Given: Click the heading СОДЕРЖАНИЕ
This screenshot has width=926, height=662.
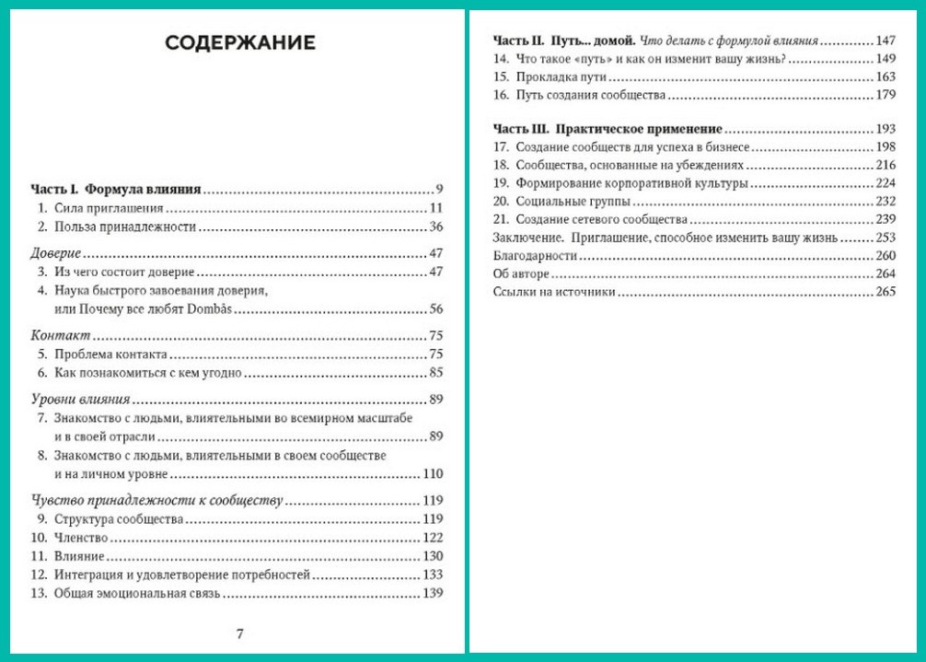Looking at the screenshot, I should [x=239, y=42].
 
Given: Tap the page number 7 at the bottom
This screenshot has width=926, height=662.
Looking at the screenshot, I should [x=239, y=633].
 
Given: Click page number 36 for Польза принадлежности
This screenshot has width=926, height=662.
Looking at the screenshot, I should [x=436, y=226].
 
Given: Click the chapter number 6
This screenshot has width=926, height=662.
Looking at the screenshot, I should [x=41, y=373].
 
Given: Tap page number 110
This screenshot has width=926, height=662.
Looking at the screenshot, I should [x=433, y=474].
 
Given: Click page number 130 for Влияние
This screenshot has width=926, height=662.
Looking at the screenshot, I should [x=433, y=556].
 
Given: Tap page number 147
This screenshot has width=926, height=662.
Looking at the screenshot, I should [x=885, y=41].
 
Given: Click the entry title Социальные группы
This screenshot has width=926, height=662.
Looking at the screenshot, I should [x=573, y=201].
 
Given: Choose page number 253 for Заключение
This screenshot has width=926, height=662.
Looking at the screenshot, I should [x=885, y=238].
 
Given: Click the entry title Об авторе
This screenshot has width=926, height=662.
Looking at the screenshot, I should [x=521, y=274].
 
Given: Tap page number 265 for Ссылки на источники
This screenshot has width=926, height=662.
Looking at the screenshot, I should [x=885, y=293].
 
